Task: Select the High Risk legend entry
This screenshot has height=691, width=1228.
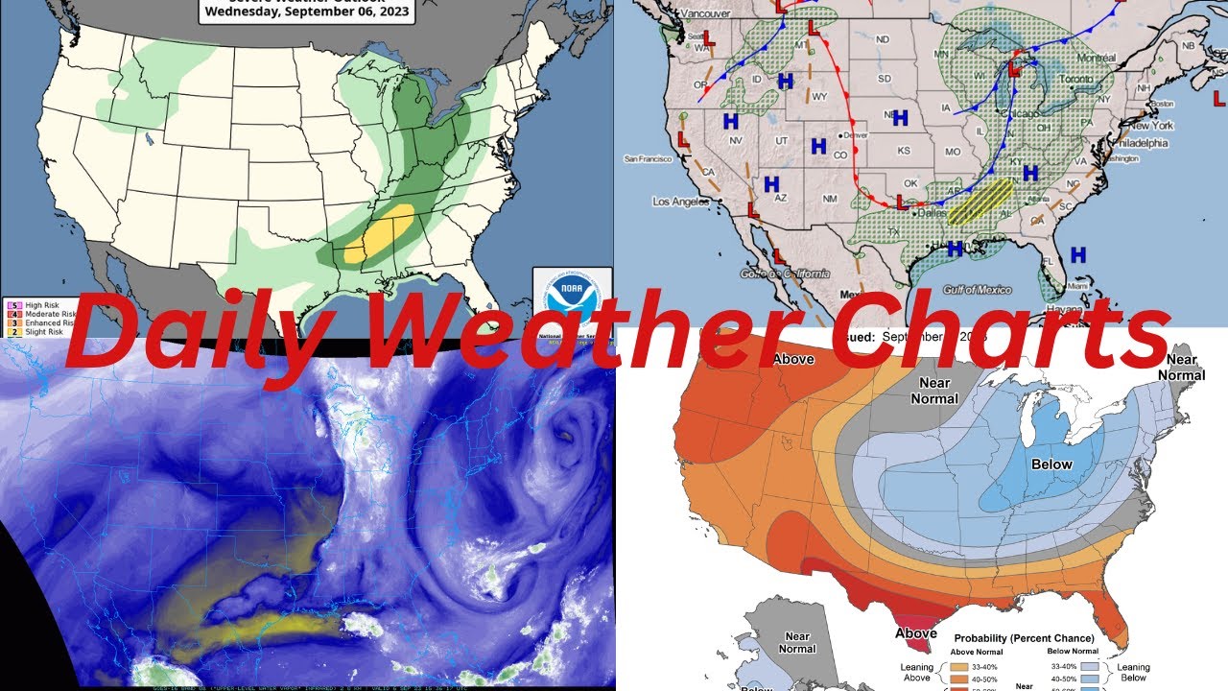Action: (x=33, y=303)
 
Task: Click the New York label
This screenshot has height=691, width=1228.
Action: (x=1150, y=126)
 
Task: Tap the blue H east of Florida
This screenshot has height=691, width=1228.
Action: (x=1077, y=255)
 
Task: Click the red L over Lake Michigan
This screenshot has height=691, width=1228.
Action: (x=1013, y=69)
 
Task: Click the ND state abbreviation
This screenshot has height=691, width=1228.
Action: (x=882, y=40)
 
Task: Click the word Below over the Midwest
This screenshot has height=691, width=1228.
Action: (x=1051, y=465)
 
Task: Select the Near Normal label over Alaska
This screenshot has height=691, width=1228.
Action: (x=797, y=642)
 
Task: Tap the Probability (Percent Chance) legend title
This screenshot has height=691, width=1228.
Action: (x=1024, y=638)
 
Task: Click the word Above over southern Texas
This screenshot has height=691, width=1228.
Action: (x=915, y=633)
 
